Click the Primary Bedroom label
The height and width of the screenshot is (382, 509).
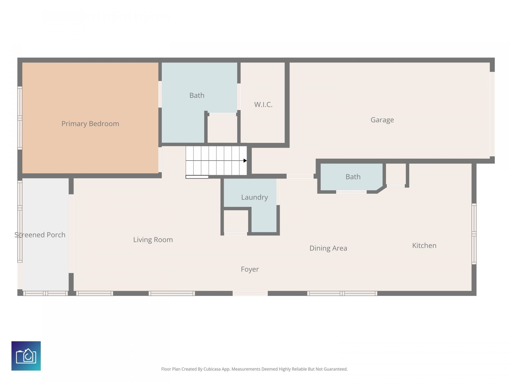(x=90, y=124)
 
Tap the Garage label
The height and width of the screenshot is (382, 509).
(x=382, y=120)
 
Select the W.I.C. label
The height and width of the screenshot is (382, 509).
(x=263, y=105)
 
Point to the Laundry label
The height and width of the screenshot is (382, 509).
(x=254, y=197)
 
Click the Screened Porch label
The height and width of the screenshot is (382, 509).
(x=40, y=235)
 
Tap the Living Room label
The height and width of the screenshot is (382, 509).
(x=153, y=240)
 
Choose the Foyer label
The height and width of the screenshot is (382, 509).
(x=250, y=269)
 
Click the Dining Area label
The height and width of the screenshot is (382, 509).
(x=328, y=248)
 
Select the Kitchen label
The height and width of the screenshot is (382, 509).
(x=424, y=246)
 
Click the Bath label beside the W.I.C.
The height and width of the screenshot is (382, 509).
(x=197, y=95)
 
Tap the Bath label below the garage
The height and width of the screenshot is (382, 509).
(x=353, y=177)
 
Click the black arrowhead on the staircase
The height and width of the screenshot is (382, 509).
(x=245, y=160)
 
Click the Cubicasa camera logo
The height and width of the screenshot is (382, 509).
(x=26, y=356)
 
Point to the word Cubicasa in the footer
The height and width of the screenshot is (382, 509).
(x=212, y=369)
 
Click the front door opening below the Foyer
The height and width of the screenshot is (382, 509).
(x=250, y=293)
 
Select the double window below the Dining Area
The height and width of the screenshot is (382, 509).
(x=342, y=293)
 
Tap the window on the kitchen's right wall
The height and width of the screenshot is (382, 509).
(x=474, y=234)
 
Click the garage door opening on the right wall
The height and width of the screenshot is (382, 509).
(x=492, y=114)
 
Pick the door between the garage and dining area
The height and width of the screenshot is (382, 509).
(x=300, y=176)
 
